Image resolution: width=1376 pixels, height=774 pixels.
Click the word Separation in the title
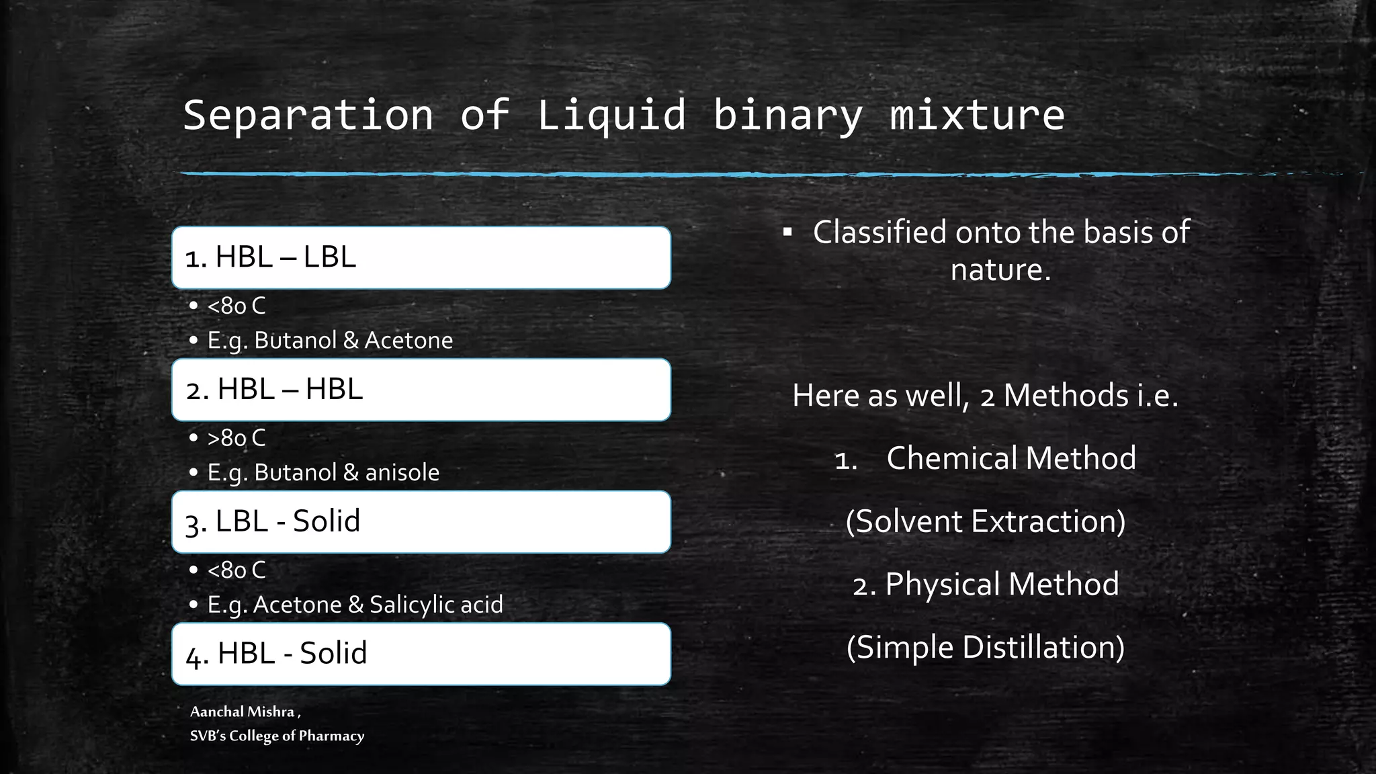pos(308,115)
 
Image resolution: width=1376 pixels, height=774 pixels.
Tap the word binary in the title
pos(787,115)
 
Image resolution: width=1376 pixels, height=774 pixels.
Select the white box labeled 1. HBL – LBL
pos(421,258)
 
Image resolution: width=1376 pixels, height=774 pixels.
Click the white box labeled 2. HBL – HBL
pos(421,390)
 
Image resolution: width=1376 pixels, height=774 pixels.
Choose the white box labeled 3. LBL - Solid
pos(421,522)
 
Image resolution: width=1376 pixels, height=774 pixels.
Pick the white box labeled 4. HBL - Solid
pos(421,654)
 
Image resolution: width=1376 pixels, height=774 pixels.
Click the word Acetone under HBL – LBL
pos(408,341)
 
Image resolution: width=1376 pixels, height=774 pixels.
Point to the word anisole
pos(402,473)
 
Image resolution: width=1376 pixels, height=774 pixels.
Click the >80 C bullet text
pos(236,438)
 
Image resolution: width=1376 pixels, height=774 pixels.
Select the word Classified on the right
pos(879,232)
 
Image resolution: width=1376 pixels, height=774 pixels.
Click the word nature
pos(1000,270)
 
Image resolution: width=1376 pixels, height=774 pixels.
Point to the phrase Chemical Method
pos(1010,458)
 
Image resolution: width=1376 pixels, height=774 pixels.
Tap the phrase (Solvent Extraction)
pos(985,521)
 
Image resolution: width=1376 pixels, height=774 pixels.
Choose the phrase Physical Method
pos(1001,584)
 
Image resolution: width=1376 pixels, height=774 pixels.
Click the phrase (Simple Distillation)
pos(985,648)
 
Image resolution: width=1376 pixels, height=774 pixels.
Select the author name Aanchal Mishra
pos(242,712)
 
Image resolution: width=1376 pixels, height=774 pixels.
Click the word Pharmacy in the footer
pos(331,736)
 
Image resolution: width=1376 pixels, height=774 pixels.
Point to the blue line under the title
pos(605,175)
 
